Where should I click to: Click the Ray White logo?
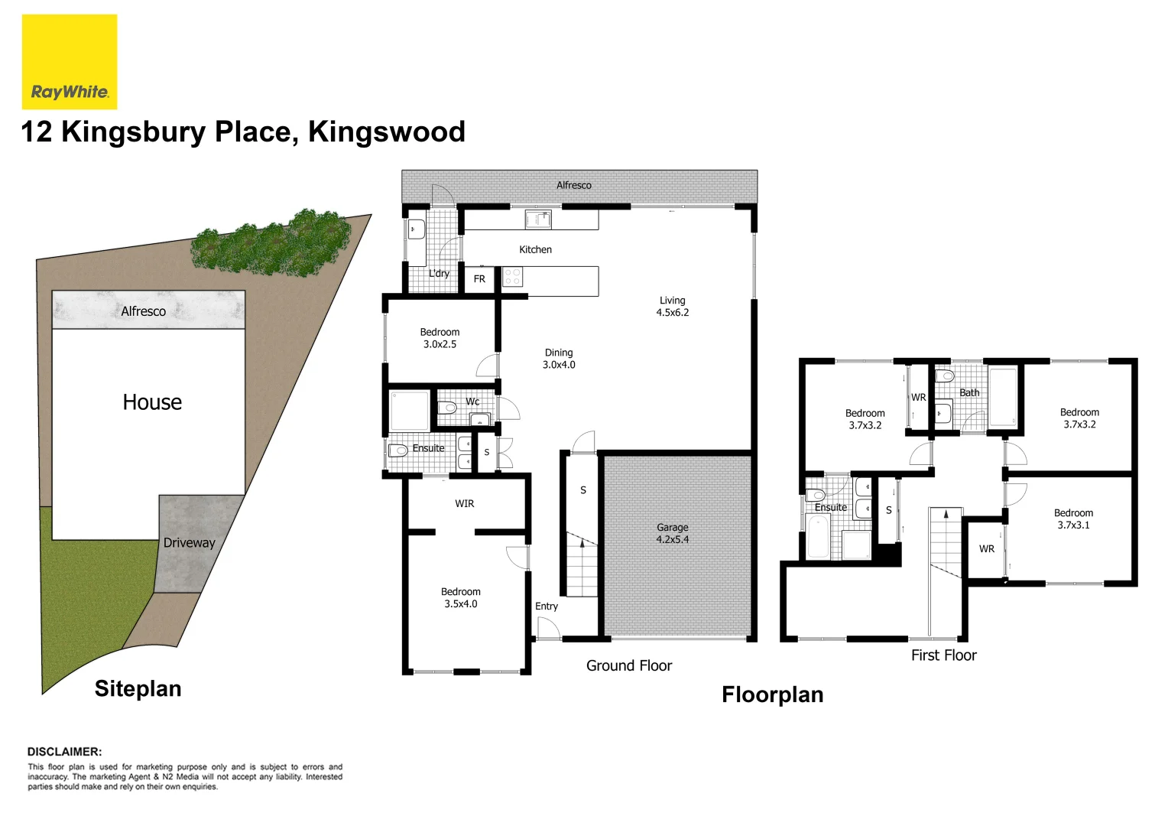pos(70,62)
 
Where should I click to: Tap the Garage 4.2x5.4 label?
pos(672,533)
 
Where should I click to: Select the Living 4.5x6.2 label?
pos(672,306)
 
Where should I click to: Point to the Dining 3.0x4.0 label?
pos(559,359)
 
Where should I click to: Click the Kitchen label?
pos(535,249)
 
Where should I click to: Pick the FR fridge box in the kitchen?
pos(479,279)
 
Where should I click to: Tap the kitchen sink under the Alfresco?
pos(538,220)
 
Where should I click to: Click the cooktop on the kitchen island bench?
pos(512,277)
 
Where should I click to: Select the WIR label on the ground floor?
pos(464,503)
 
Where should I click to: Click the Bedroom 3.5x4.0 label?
pos(460,597)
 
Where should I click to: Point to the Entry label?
pos(546,606)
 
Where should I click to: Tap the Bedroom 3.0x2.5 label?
pos(440,338)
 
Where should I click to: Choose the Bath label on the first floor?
pos(969,392)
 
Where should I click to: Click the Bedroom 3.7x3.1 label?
pos(1073,519)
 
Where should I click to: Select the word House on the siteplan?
pos(152,402)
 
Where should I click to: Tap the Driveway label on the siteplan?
pos(189,542)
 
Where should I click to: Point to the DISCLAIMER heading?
pos(64,752)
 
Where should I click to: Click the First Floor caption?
pos(943,655)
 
